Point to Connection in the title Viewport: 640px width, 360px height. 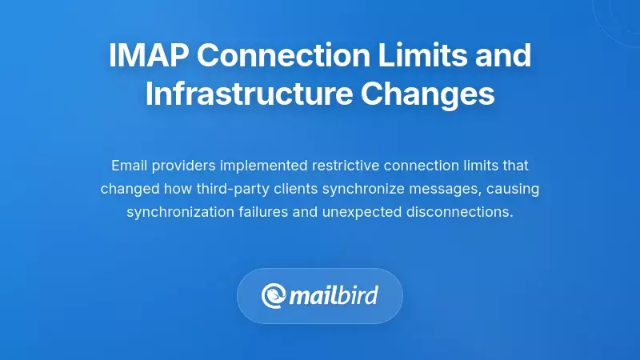[x=284, y=57]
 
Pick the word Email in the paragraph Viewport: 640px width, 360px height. [x=128, y=166]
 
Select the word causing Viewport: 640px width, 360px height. [x=510, y=189]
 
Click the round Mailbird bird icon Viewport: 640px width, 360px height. [x=274, y=296]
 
